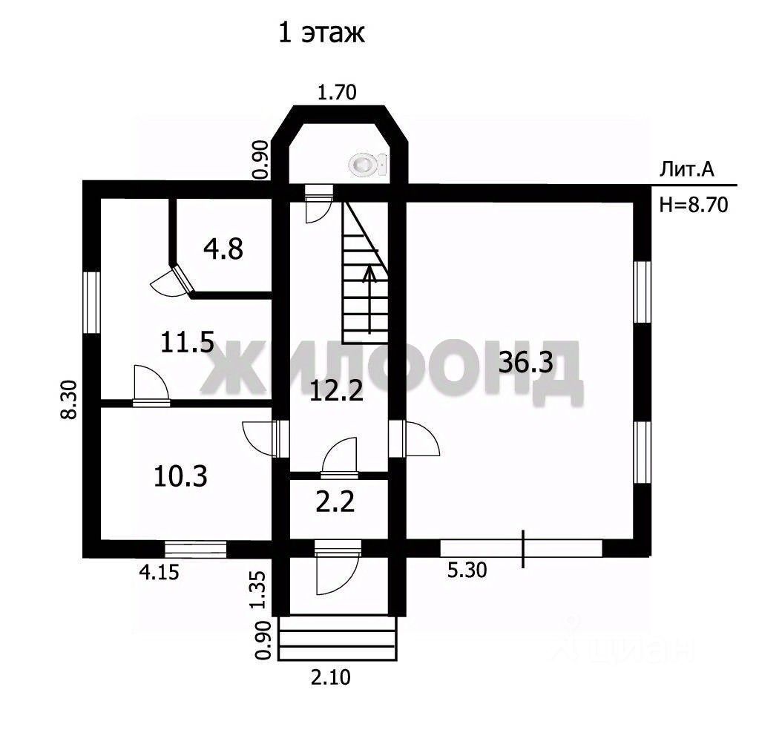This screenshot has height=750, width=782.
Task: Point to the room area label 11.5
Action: (x=187, y=343)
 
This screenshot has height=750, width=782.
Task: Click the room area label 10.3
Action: (x=180, y=476)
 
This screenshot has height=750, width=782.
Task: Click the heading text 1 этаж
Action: (x=321, y=33)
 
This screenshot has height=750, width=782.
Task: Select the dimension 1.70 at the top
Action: (x=338, y=93)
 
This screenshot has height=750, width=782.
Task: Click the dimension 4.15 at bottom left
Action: (x=160, y=572)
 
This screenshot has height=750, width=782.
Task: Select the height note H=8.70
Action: (x=693, y=205)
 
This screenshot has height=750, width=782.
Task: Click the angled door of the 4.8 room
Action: (x=174, y=283)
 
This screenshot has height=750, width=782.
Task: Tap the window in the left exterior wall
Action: (x=92, y=302)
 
